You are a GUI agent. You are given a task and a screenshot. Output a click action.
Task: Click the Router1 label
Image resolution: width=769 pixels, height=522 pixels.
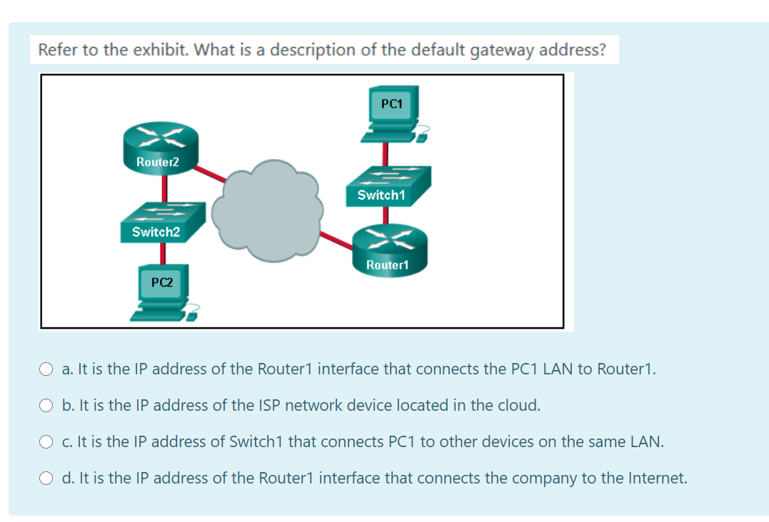[387, 265]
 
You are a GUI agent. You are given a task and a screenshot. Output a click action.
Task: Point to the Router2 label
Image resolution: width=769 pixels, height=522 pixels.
[158, 162]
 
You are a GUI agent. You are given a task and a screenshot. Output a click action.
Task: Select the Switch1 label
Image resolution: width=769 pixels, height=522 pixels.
[381, 195]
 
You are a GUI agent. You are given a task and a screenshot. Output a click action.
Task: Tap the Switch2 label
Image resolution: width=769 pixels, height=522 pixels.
[156, 232]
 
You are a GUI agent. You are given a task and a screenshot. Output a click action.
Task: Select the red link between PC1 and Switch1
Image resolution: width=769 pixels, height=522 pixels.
[386, 153]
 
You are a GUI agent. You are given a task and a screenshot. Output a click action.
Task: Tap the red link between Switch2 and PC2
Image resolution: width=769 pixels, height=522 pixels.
[164, 253]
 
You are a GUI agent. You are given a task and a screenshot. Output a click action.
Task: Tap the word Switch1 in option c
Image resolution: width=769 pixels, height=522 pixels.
[256, 442]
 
